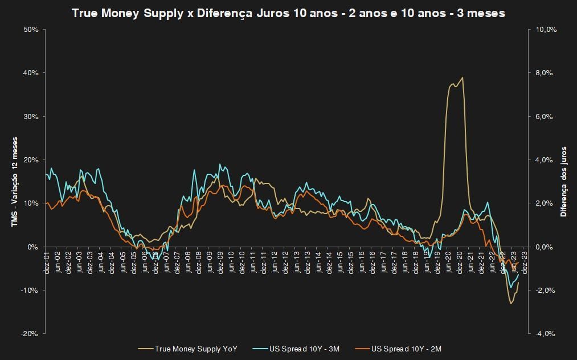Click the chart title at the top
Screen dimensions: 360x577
pos(288,13)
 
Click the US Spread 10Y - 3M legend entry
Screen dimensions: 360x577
pos(305,348)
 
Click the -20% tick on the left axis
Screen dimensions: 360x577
pos(30,334)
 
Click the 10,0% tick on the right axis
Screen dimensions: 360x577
pos(546,29)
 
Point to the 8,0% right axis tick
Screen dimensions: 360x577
pos(546,73)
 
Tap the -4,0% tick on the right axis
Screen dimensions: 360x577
pos(546,334)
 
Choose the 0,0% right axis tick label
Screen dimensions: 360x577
pos(546,247)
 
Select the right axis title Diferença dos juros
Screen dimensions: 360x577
pos(563,182)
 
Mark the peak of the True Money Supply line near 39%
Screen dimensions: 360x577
pos(462,77)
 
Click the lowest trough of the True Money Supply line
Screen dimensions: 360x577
pos(511,303)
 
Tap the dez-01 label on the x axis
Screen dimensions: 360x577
pos(47,261)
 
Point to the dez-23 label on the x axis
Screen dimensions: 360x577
pos(525,261)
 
